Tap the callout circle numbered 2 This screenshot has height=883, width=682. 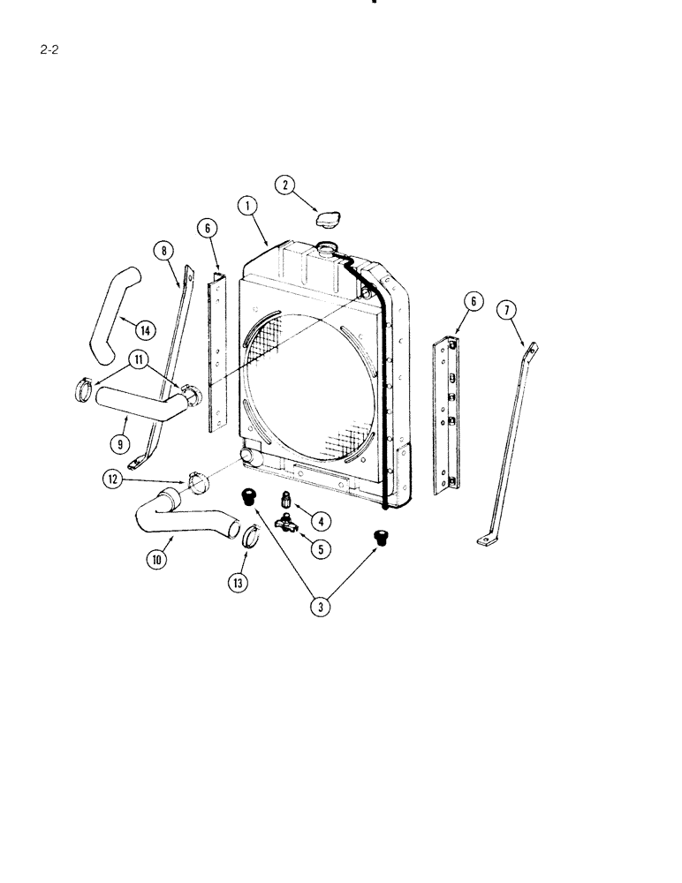click(x=284, y=185)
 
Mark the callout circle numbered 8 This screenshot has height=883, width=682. click(x=163, y=250)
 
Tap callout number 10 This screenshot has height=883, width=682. click(x=157, y=559)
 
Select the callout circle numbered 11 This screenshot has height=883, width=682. click(x=137, y=359)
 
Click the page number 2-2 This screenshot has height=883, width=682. click(x=49, y=49)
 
